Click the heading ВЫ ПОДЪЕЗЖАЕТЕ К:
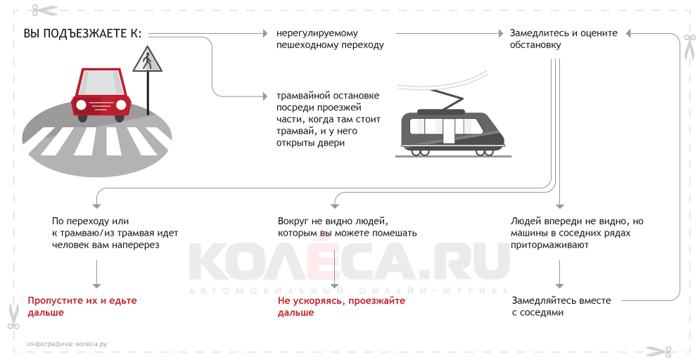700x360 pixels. pos(82,34)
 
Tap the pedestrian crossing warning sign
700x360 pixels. pos(147,60)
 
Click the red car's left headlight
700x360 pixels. pos(82,105)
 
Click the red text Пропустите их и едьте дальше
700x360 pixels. pos(82,306)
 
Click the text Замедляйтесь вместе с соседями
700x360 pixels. pos(561,306)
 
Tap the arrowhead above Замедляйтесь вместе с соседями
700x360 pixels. pos(559,284)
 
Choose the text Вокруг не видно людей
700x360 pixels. pos(333,221)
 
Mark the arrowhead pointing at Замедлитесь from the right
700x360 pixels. pos(630,33)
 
